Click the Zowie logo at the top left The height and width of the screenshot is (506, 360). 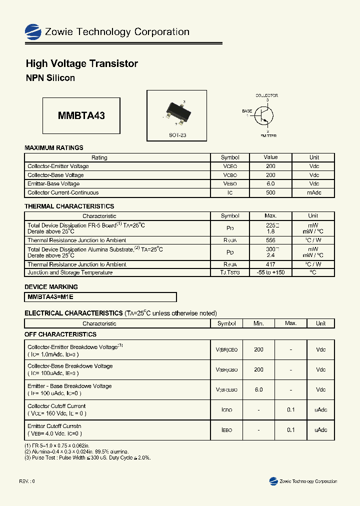click(33, 32)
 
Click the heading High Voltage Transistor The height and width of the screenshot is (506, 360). click(81, 63)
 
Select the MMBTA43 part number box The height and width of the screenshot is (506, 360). click(81, 115)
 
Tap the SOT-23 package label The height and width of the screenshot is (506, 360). click(177, 135)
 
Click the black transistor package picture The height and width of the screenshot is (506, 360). click(177, 113)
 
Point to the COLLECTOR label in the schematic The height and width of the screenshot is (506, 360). click(266, 95)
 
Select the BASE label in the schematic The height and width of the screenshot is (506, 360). click(247, 111)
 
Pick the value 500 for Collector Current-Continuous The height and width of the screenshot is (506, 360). click(270, 192)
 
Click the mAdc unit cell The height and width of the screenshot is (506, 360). click(314, 192)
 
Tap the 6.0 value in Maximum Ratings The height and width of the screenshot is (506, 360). click(270, 183)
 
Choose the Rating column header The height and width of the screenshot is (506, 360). click(99, 157)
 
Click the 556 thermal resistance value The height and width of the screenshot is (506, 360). click(270, 240)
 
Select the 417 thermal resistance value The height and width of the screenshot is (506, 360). click(270, 264)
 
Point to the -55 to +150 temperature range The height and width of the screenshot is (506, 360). click(270, 272)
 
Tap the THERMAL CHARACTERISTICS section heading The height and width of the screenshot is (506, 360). click(69, 206)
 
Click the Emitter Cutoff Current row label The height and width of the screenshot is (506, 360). click(54, 426)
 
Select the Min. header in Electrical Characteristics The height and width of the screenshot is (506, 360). click(258, 323)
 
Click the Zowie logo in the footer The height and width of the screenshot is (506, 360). click(273, 481)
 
